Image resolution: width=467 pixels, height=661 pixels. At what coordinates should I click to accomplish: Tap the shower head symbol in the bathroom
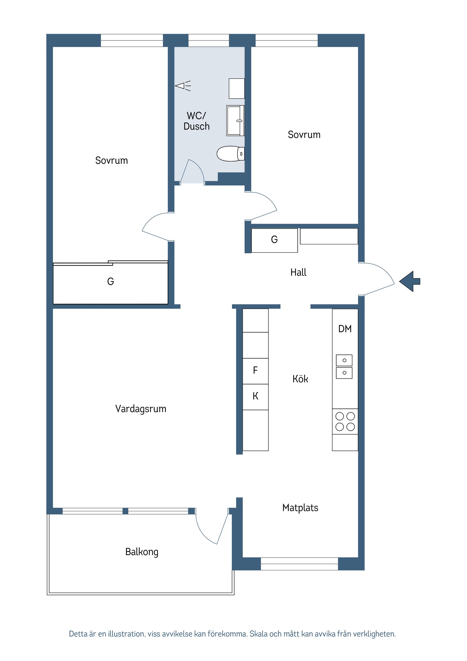tap(183, 86)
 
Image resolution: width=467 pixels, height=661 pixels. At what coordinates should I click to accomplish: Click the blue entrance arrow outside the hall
tap(410, 281)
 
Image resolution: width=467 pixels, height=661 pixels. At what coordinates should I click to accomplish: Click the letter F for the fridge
tap(255, 370)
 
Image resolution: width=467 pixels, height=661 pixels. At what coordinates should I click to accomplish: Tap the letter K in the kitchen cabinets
tap(255, 396)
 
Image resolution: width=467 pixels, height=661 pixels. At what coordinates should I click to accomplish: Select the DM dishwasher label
tap(345, 329)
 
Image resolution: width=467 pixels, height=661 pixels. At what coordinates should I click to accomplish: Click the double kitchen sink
tap(344, 367)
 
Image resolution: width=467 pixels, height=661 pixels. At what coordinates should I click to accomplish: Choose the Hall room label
tap(298, 272)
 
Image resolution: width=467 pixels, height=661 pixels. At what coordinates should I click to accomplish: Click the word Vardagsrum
tap(141, 409)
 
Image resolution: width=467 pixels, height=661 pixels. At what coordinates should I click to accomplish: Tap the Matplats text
tap(300, 508)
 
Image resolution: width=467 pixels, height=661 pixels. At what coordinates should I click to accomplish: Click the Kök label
tap(300, 379)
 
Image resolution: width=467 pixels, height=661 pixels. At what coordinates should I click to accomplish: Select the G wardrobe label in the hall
tap(274, 239)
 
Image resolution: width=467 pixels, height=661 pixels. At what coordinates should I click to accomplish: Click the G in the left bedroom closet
tap(110, 281)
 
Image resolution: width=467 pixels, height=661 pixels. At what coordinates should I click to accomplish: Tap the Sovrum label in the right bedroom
tap(304, 135)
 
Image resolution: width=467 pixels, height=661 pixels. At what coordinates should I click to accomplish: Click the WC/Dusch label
tap(197, 121)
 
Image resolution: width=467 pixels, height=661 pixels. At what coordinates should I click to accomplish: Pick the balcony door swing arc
tap(203, 532)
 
